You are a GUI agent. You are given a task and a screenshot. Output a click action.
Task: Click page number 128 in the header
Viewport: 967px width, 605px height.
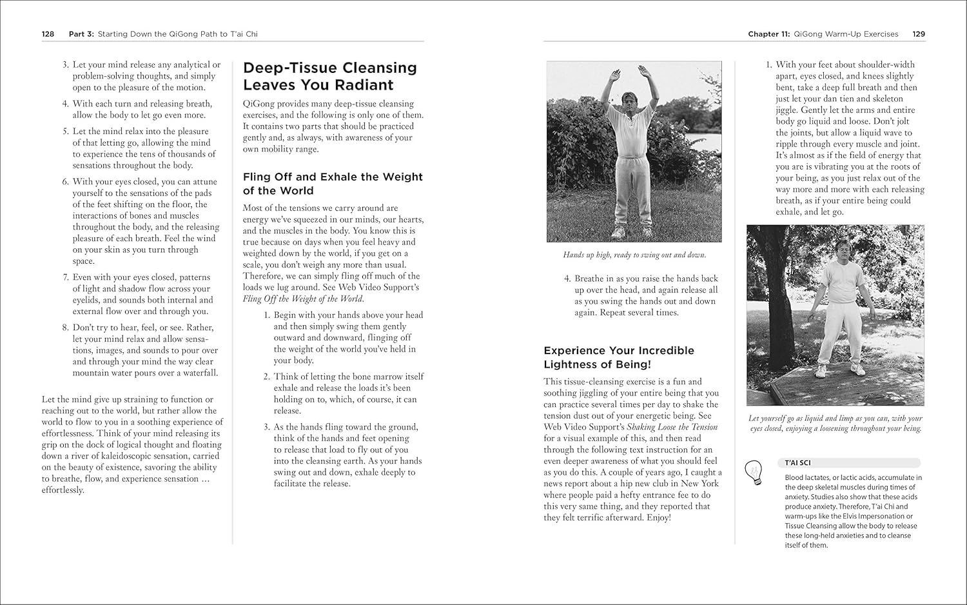tap(48, 34)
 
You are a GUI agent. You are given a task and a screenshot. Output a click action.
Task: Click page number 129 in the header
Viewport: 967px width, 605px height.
tap(919, 34)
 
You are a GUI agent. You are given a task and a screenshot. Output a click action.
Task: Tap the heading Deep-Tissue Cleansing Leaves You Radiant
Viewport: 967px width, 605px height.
tap(329, 76)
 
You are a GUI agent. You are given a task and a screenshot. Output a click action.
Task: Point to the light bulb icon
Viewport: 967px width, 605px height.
tap(753, 472)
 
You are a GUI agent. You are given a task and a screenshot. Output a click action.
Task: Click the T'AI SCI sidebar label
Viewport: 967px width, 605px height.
tap(797, 462)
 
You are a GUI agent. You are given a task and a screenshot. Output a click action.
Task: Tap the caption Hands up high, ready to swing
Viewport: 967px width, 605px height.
tap(634, 255)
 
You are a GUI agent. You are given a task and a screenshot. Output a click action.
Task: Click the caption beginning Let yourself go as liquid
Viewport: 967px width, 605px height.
tap(835, 423)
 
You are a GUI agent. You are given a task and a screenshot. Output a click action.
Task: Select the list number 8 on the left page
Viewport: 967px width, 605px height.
tap(65, 328)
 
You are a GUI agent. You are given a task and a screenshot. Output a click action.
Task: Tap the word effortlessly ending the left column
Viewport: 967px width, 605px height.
tap(63, 490)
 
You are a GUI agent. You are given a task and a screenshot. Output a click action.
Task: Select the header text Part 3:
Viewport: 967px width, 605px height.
tap(82, 34)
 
